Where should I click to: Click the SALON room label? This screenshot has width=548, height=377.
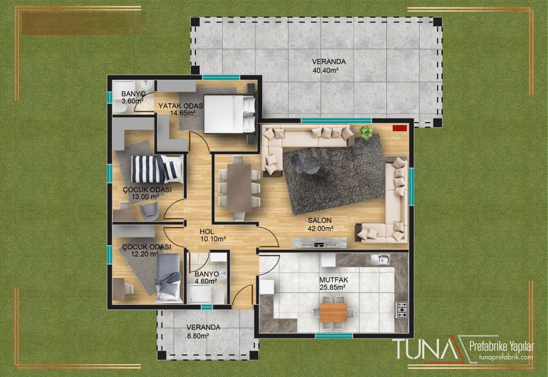click(320, 220)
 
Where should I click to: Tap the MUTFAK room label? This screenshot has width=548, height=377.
click(334, 280)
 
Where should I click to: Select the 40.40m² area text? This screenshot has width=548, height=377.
click(325, 70)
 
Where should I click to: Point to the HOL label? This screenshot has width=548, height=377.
click(207, 231)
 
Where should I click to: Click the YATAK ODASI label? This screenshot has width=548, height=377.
click(181, 106)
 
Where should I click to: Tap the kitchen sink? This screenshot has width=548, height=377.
click(380, 259)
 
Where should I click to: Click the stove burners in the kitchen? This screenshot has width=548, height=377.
click(402, 310)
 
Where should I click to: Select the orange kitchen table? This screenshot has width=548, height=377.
click(333, 312)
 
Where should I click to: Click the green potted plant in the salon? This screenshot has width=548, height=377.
click(366, 132)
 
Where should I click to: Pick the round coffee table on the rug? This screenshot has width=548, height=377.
click(308, 164)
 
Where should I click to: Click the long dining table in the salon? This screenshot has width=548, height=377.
click(239, 188)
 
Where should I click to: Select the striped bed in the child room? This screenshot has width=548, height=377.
click(157, 169)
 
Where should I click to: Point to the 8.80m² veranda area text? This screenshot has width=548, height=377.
click(198, 336)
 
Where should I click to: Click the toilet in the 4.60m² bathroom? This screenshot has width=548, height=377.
click(219, 297)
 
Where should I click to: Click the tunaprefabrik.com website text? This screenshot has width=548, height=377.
click(506, 357)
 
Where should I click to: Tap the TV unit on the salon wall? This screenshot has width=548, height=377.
click(319, 243)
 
